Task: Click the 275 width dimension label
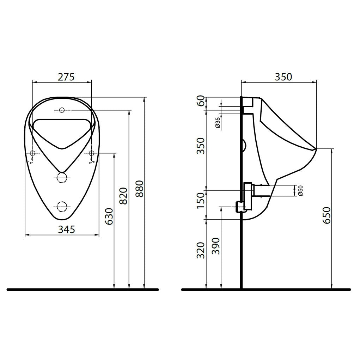pos(66,77)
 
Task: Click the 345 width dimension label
pos(66,229)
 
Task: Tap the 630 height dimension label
pos(109,216)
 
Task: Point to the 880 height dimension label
pos(139,189)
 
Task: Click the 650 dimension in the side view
pos(327,215)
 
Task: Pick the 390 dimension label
pos(216,246)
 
